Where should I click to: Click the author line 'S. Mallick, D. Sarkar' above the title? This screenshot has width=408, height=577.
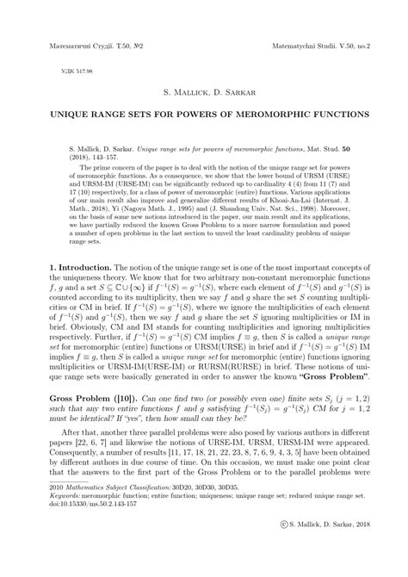coord(203,91)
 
